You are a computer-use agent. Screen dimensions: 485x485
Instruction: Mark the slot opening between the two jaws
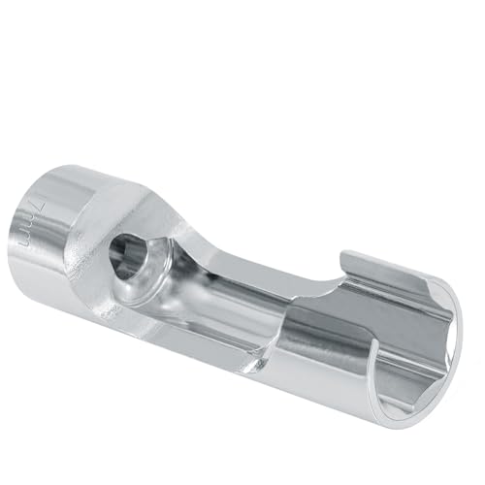(x=320, y=291)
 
